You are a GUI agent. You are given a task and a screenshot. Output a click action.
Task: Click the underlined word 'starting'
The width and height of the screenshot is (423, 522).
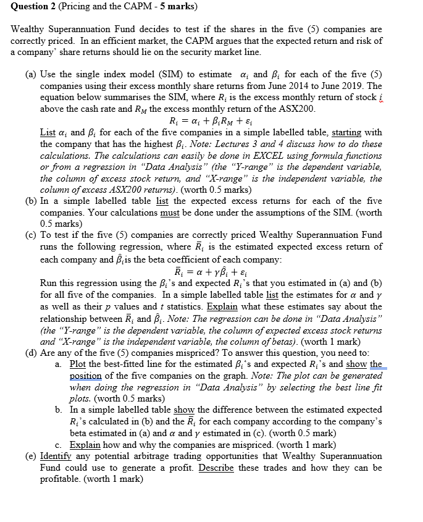pyautogui.click(x=345, y=132)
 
